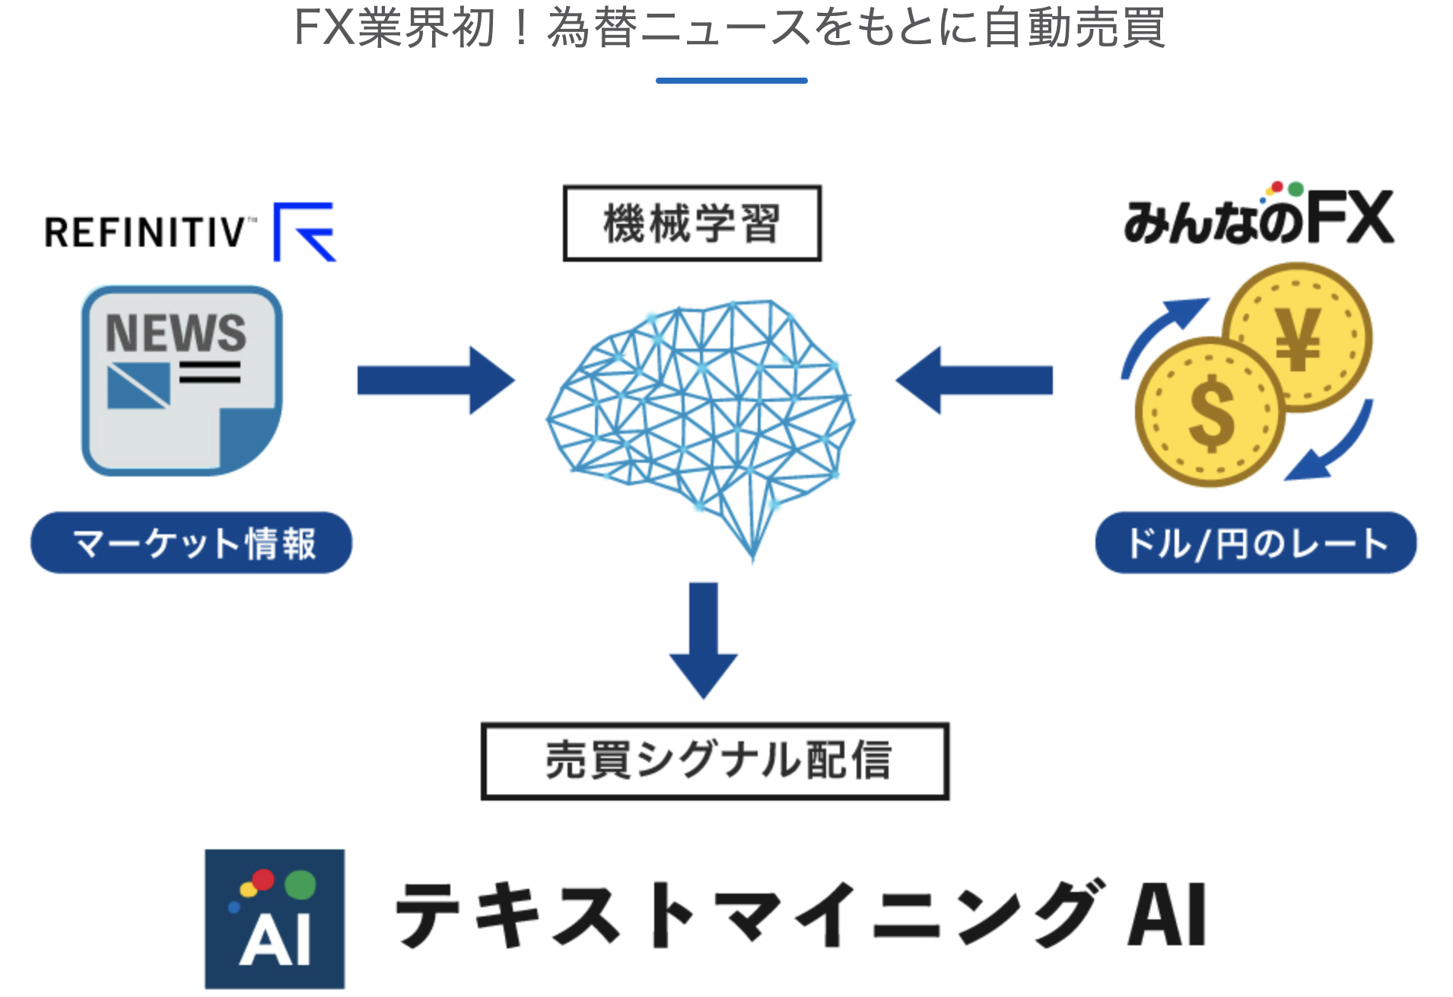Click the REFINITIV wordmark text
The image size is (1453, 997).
(x=145, y=233)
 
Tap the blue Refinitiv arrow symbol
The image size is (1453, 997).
(x=304, y=232)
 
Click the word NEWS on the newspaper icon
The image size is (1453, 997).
(x=176, y=333)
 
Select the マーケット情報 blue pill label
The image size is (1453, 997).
(x=192, y=543)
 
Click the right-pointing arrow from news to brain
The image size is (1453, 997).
(x=436, y=381)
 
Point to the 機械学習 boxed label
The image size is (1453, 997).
(x=692, y=223)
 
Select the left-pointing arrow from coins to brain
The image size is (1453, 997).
(x=974, y=381)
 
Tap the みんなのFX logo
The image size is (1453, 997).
(x=1259, y=214)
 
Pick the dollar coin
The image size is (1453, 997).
(x=1210, y=412)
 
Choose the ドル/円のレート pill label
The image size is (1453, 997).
(x=1256, y=543)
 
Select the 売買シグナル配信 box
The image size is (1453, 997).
(x=715, y=761)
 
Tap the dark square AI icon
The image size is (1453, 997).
(x=275, y=919)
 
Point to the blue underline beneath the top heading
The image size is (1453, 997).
(x=732, y=80)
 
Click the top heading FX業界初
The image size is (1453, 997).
(x=393, y=27)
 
